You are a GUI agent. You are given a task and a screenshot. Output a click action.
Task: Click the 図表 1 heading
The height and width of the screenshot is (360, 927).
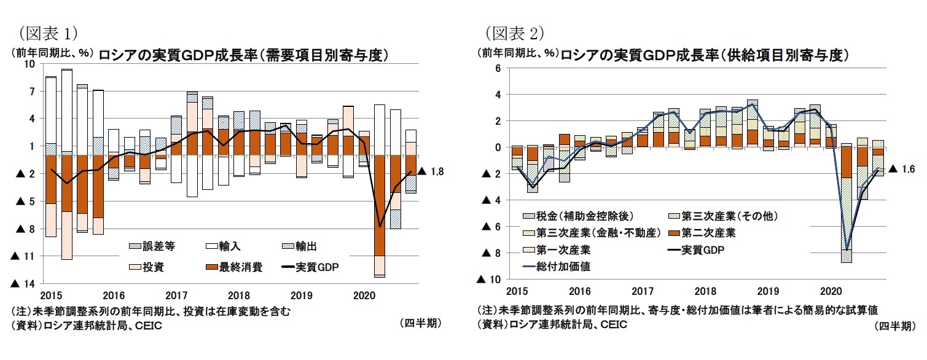click(48, 31)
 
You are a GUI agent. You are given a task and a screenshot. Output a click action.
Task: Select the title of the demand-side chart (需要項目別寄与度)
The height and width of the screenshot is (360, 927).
click(244, 54)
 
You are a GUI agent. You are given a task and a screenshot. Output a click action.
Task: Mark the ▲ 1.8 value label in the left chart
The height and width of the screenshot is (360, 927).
click(429, 171)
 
